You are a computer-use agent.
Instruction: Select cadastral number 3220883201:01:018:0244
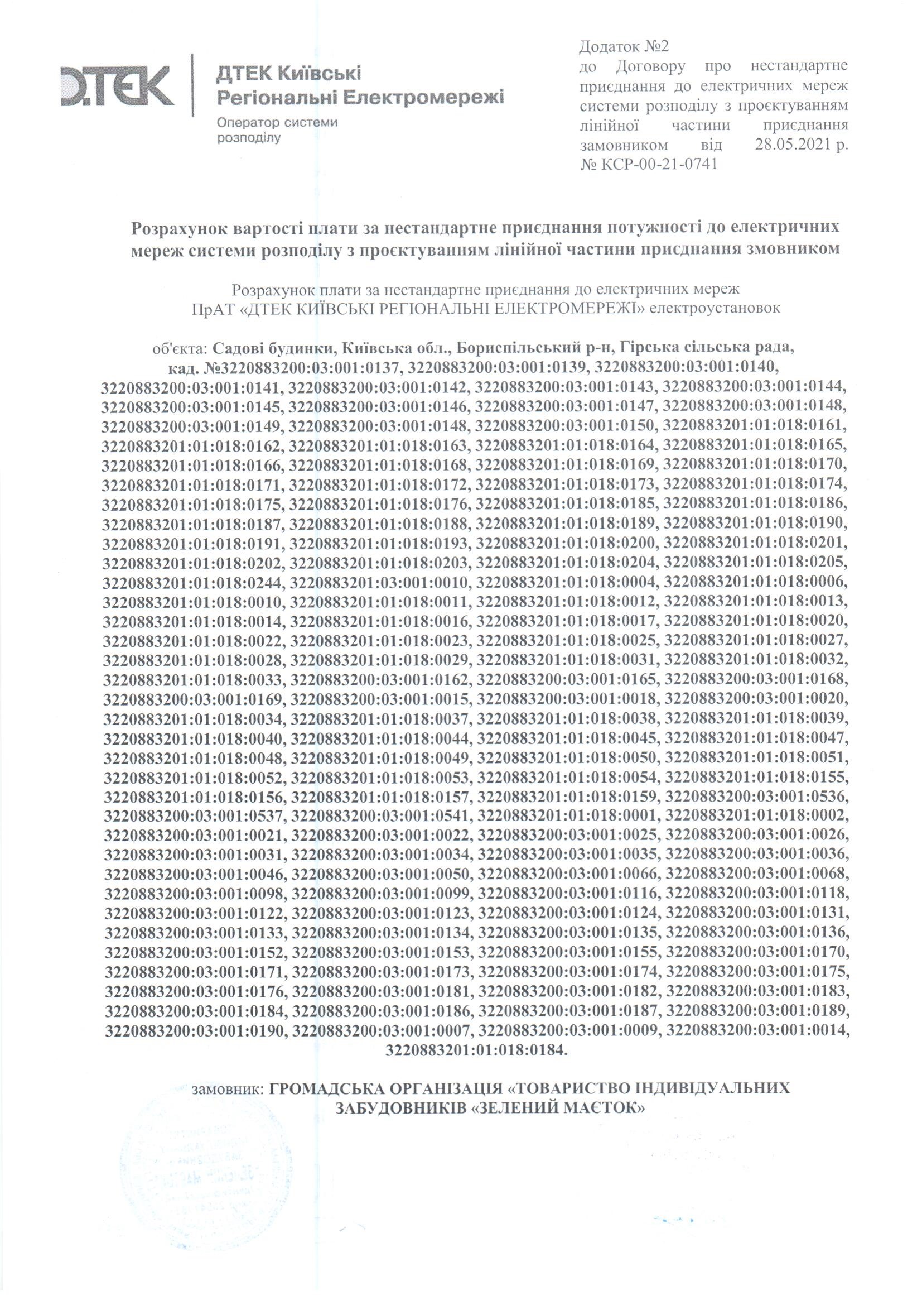click(x=192, y=582)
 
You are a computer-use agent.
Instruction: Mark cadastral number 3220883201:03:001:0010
click(x=379, y=582)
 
